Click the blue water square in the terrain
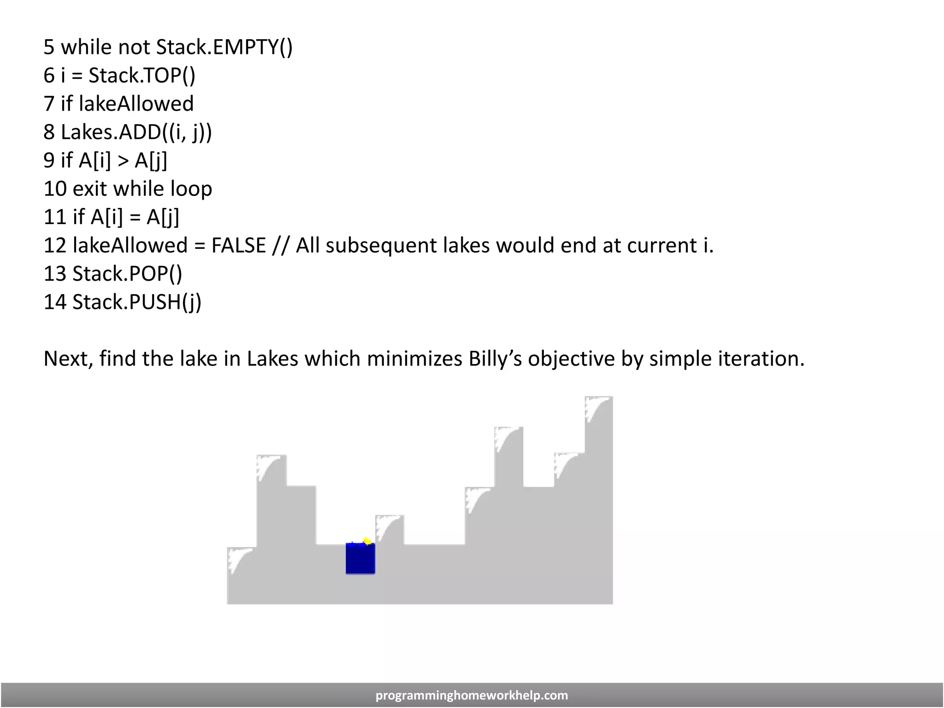pos(360,559)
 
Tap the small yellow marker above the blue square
pos(367,541)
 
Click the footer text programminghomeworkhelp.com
pos(472,695)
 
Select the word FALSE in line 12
pos(238,245)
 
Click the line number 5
pos(49,47)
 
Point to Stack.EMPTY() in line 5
pos(224,47)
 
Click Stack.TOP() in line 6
pos(142,76)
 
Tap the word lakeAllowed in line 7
pos(136,104)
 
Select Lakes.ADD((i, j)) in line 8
pos(136,132)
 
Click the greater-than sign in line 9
pos(123,160)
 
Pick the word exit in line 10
pos(90,189)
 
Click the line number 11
pos(55,217)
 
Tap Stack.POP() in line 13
pos(127,274)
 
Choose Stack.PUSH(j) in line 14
pos(137,302)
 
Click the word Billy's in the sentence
pos(495,359)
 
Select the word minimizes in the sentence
pos(414,359)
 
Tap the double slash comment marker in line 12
pos(281,245)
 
